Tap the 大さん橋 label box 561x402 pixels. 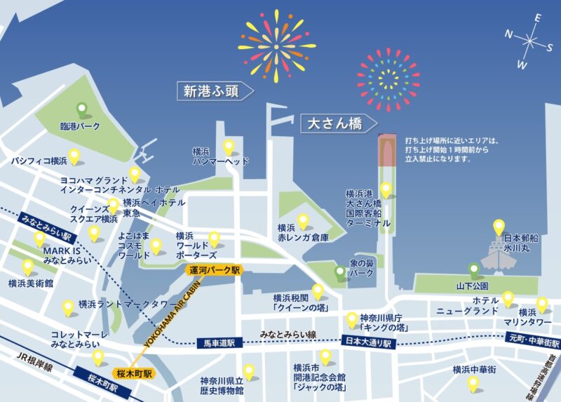coord(334,124)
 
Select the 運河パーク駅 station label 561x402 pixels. coord(214,269)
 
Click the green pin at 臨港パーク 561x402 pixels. coord(81,110)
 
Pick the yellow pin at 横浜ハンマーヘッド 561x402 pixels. coord(229,147)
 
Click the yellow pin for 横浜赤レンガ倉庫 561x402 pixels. coord(303,222)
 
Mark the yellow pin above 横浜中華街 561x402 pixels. coord(473,383)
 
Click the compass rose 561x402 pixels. coord(531,40)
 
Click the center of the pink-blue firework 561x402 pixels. coord(388,79)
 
